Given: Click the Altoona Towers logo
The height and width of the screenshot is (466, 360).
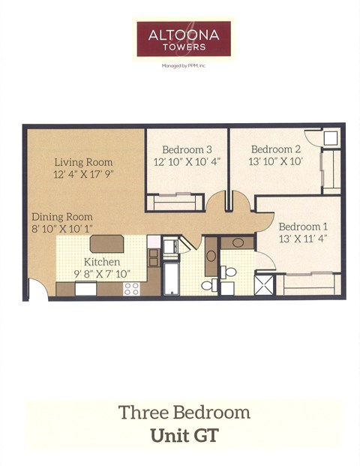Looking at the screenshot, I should pyautogui.click(x=183, y=38).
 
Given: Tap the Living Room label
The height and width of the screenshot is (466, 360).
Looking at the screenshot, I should pyautogui.click(x=83, y=161).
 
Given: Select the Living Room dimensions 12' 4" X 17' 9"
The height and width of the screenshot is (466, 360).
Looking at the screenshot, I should pyautogui.click(x=83, y=174).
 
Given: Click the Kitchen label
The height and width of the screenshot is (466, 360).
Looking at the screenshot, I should pyautogui.click(x=101, y=261).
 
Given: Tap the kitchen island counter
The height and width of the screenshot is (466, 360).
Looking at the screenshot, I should pyautogui.click(x=106, y=243).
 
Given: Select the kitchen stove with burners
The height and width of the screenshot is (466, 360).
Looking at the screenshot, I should pyautogui.click(x=132, y=287).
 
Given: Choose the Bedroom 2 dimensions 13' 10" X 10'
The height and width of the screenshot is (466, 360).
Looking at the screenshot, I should pyautogui.click(x=275, y=161).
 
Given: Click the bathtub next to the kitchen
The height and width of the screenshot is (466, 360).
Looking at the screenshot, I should pyautogui.click(x=171, y=278).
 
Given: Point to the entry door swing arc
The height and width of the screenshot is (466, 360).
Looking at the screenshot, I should pyautogui.click(x=37, y=290).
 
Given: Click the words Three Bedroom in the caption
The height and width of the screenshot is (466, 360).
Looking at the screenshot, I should pyautogui.click(x=184, y=412).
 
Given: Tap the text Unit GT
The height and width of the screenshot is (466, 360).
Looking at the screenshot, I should pyautogui.click(x=184, y=434).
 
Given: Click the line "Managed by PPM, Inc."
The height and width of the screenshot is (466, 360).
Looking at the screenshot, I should pyautogui.click(x=183, y=65).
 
